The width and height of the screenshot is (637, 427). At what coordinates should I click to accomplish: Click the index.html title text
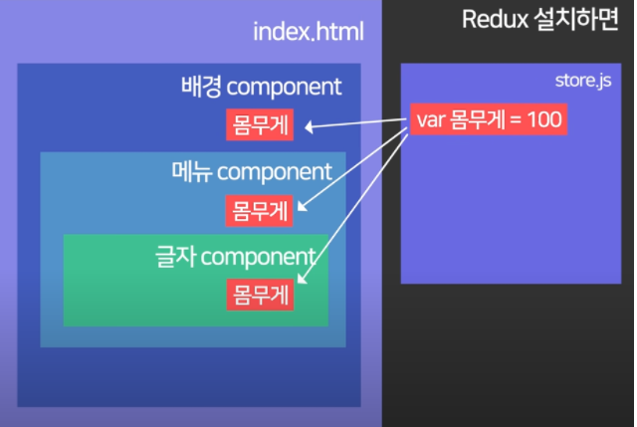(x=309, y=33)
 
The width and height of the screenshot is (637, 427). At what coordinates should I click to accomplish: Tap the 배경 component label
(x=260, y=87)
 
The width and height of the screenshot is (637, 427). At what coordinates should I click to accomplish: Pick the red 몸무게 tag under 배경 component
(x=258, y=125)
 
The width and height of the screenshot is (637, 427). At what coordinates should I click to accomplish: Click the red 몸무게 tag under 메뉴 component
(x=258, y=210)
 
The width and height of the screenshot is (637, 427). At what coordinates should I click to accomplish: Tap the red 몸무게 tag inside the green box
(x=258, y=295)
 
